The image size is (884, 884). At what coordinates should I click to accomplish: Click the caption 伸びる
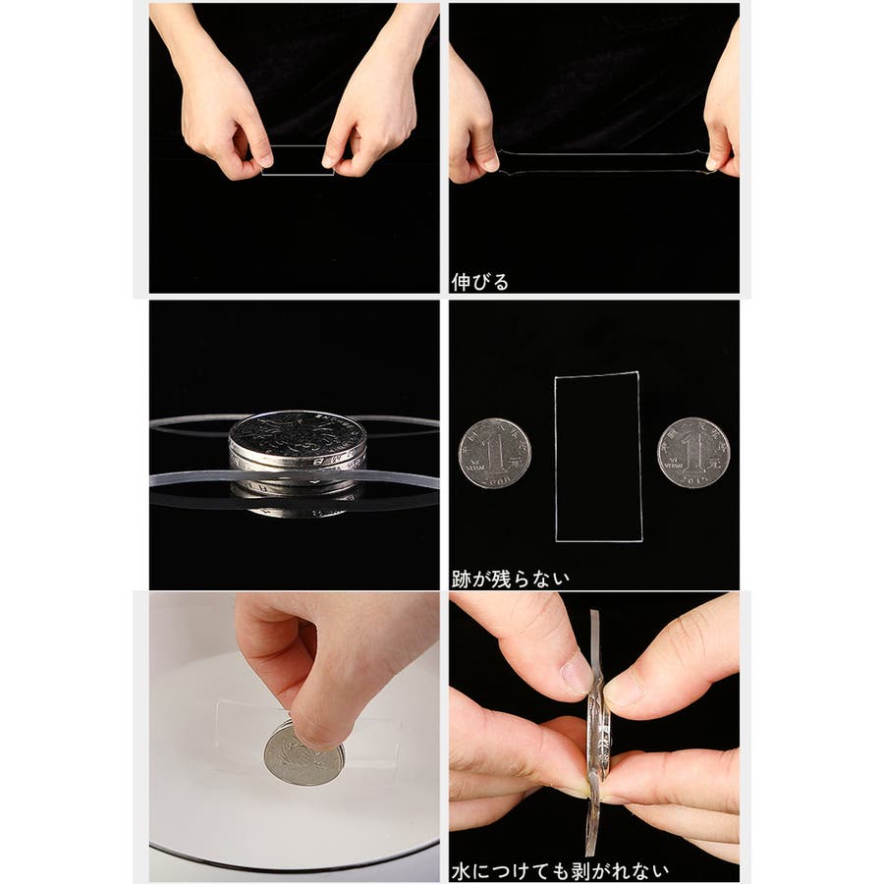tap(479, 282)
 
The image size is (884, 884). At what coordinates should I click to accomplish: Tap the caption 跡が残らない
tap(511, 579)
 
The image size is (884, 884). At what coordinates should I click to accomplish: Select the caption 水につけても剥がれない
tap(560, 871)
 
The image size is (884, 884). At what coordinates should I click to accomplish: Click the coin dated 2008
tap(494, 453)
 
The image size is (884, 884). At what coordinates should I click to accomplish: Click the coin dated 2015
tap(693, 452)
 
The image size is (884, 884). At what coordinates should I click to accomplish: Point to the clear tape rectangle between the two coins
tap(555, 457)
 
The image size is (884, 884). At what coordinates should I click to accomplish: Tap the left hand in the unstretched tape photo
tap(220, 101)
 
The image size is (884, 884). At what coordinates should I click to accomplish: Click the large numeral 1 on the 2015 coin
tap(691, 452)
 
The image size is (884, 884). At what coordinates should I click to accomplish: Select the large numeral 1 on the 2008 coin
tap(494, 454)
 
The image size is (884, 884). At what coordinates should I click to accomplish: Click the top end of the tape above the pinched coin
tap(594, 611)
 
